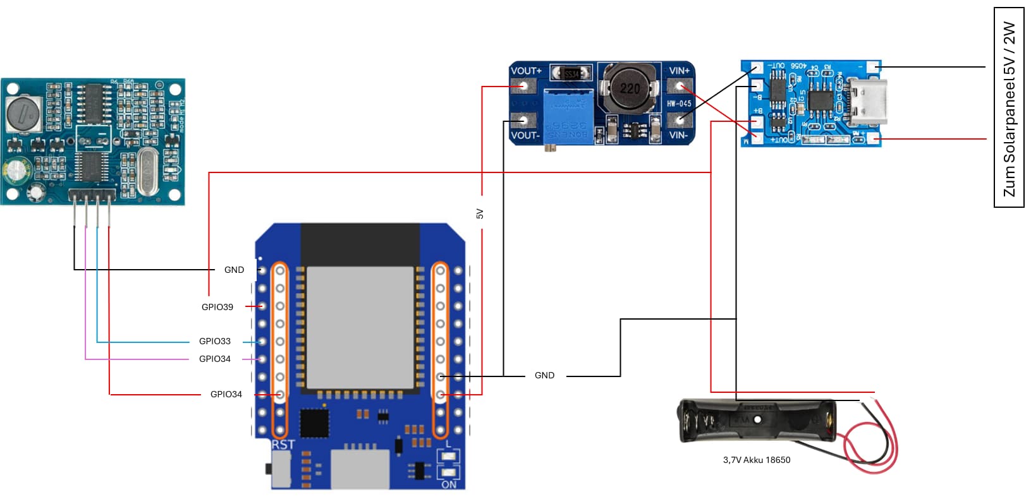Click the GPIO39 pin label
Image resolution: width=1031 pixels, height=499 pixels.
(x=217, y=307)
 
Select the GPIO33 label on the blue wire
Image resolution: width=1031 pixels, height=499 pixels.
(x=214, y=341)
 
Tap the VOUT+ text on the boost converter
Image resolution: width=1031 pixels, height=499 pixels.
(x=526, y=71)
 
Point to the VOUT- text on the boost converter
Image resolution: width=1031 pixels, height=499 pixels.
(x=525, y=135)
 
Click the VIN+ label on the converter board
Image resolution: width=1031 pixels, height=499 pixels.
(x=679, y=71)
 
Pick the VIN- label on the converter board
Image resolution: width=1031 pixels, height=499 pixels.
(x=678, y=135)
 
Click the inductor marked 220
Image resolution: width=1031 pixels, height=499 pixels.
(x=630, y=88)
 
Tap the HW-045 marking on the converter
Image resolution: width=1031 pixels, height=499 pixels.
(x=679, y=103)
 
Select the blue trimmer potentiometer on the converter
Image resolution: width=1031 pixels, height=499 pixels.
(x=568, y=116)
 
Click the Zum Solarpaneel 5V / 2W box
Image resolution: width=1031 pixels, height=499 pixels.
(x=1009, y=107)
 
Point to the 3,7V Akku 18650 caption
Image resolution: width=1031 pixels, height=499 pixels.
(x=756, y=460)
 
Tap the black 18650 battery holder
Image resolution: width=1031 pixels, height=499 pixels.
(x=759, y=420)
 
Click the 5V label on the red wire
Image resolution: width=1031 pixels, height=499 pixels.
(x=480, y=214)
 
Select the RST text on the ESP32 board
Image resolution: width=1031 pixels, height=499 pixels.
(x=283, y=445)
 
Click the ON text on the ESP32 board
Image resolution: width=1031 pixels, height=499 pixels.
(x=449, y=484)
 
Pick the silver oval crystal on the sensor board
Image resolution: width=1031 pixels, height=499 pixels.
(x=147, y=171)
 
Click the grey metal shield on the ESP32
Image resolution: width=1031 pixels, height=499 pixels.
(x=360, y=327)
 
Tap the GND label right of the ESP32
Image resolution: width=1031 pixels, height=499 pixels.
(x=544, y=375)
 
